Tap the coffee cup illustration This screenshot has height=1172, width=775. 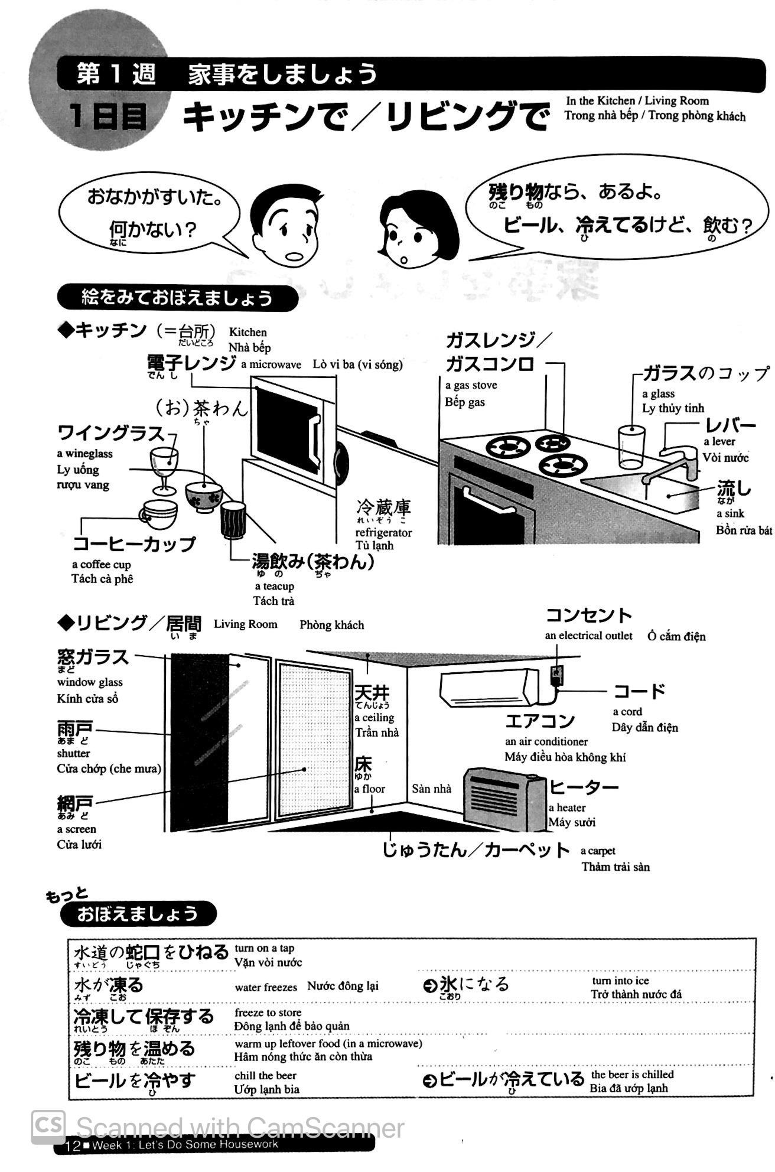tap(158, 515)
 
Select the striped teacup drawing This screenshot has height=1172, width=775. tap(233, 520)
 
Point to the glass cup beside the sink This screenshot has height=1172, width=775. tap(631, 447)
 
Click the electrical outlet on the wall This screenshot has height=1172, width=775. tap(556, 675)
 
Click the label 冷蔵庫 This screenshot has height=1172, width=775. tap(383, 507)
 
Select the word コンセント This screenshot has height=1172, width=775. tap(588, 616)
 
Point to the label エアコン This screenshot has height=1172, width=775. tap(540, 721)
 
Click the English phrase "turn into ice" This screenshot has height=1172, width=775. tap(620, 981)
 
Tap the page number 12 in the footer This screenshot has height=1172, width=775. tap(73, 1147)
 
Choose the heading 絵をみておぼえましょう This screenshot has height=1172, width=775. tap(177, 298)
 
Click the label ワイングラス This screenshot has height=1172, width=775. tap(111, 433)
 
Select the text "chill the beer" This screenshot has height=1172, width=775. tap(265, 1075)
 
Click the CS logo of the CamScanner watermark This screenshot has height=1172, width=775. tap(48, 1126)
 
